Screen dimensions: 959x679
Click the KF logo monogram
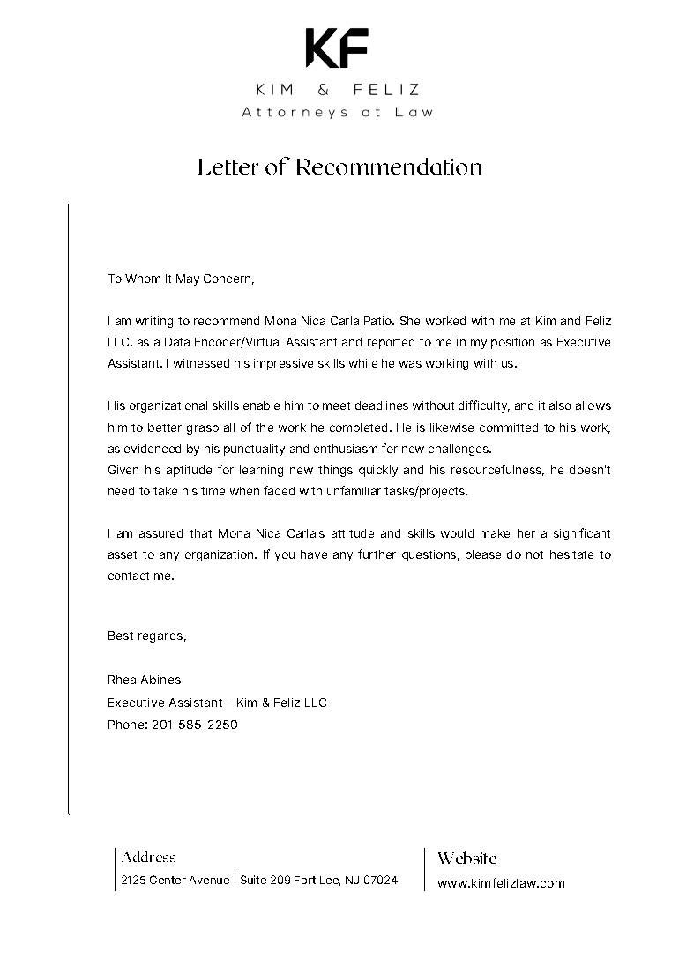pyautogui.click(x=338, y=48)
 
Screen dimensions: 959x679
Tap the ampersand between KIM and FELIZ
pyautogui.click(x=339, y=90)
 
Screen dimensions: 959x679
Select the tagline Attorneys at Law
pyautogui.click(x=339, y=112)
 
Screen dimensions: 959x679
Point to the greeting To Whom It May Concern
pyautogui.click(x=181, y=279)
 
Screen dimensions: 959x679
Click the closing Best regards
pyautogui.click(x=147, y=635)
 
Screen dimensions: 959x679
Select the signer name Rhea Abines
pyautogui.click(x=144, y=680)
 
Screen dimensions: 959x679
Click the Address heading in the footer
pyautogui.click(x=149, y=857)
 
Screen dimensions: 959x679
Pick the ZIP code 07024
pyautogui.click(x=381, y=880)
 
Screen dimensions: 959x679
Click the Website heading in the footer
pyautogui.click(x=467, y=858)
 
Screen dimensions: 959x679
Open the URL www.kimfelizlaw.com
pyautogui.click(x=501, y=882)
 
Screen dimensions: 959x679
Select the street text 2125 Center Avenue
pyautogui.click(x=175, y=880)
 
